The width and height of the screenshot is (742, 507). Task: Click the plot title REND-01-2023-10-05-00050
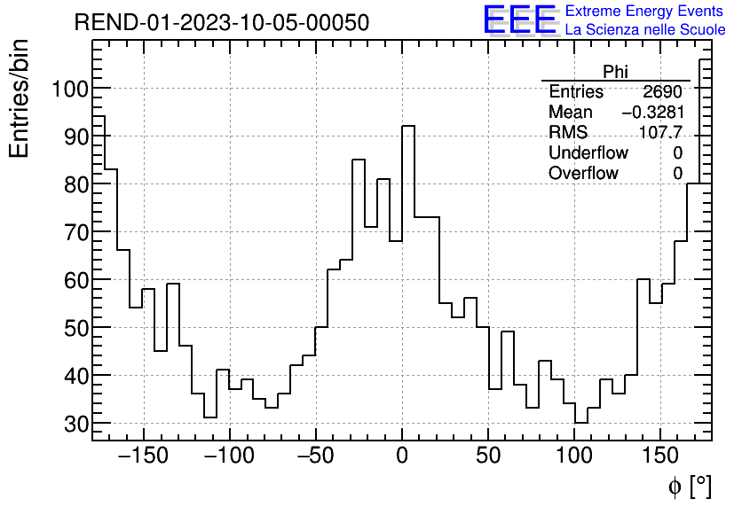tap(221, 23)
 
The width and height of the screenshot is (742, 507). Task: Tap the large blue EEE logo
tap(520, 19)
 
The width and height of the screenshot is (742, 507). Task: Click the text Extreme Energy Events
tap(645, 12)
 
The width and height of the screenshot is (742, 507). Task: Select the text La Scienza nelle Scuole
tap(645, 30)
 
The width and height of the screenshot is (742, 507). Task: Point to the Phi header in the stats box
tap(615, 72)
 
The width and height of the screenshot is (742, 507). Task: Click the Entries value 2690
tap(662, 92)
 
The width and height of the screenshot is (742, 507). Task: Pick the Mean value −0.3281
tap(652, 113)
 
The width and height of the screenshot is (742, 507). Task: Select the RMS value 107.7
tap(661, 133)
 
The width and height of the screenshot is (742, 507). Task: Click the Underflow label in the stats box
tap(588, 153)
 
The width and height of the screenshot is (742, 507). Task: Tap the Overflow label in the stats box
tap(583, 174)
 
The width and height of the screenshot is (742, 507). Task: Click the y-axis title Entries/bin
tap(20, 98)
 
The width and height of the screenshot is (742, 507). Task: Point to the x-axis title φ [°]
tap(690, 486)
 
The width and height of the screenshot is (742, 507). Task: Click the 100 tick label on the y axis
tap(68, 89)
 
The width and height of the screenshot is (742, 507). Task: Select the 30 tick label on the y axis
tap(75, 424)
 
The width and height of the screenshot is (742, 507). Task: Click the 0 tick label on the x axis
tap(402, 456)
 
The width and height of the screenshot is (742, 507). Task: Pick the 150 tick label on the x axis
tap(660, 456)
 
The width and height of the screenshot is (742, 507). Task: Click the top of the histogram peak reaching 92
tap(408, 126)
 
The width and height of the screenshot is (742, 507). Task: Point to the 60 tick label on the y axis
tap(75, 280)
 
